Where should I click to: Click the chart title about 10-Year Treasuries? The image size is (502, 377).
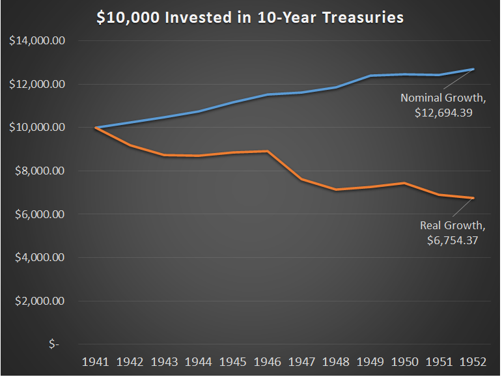click(x=251, y=17)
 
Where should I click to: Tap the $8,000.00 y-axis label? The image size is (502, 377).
click(x=37, y=171)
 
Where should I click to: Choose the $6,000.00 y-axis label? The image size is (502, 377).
click(x=37, y=214)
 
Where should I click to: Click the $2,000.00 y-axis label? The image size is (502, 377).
click(x=37, y=301)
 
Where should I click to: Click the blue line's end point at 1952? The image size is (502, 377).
click(x=473, y=69)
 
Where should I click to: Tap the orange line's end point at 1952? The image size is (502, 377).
click(x=473, y=198)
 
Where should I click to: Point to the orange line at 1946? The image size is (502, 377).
click(x=268, y=151)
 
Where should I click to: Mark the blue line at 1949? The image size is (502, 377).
click(x=370, y=76)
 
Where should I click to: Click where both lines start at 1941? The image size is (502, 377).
click(x=96, y=128)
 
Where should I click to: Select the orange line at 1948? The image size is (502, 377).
click(x=336, y=189)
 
